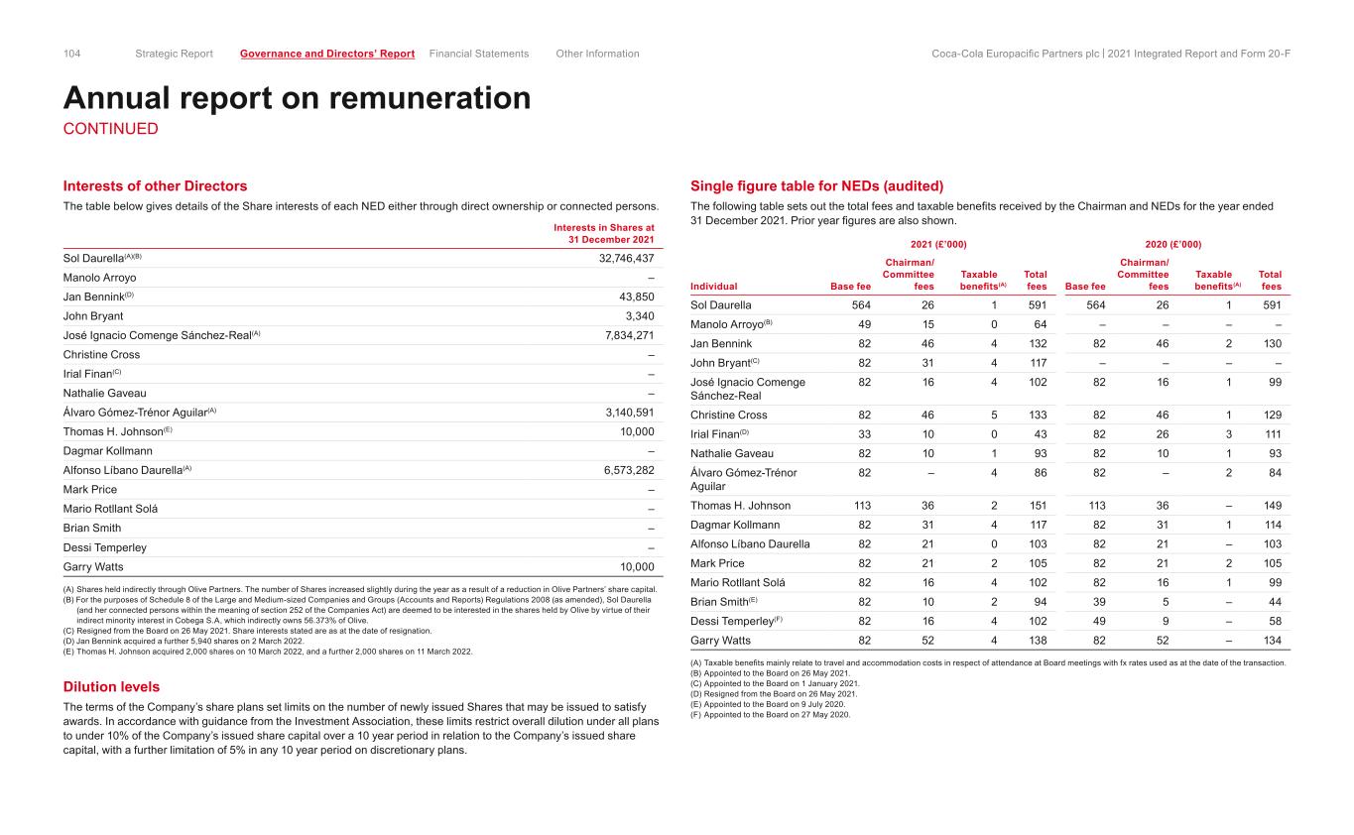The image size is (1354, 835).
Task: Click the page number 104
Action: click(x=72, y=54)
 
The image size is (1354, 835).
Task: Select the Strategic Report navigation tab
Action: click(x=174, y=54)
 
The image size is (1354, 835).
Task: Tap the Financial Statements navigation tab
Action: click(x=479, y=54)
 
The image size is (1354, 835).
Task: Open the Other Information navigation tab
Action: click(x=597, y=54)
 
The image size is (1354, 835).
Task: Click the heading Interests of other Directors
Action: click(x=156, y=186)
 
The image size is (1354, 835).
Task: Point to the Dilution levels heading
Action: click(x=111, y=686)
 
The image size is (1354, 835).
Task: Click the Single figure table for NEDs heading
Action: click(x=816, y=186)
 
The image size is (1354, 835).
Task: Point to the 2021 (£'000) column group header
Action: click(x=938, y=243)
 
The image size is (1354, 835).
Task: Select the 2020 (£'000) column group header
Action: click(x=1172, y=243)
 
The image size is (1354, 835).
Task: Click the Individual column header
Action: click(x=714, y=287)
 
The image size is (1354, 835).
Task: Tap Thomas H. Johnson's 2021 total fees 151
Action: click(x=1038, y=505)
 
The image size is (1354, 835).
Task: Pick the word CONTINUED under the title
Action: click(x=110, y=129)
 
